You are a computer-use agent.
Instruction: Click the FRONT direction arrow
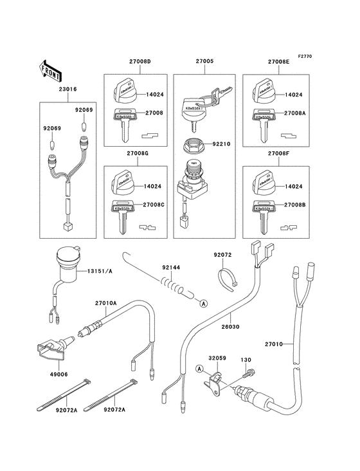pos(51,66)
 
